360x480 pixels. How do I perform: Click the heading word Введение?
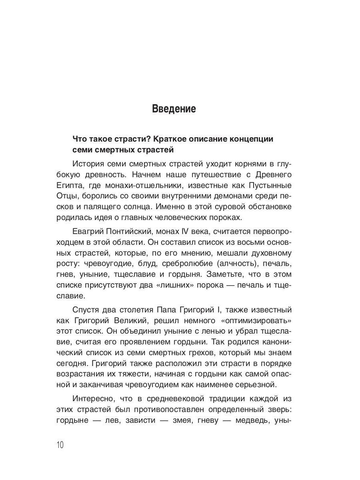click(x=174, y=109)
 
